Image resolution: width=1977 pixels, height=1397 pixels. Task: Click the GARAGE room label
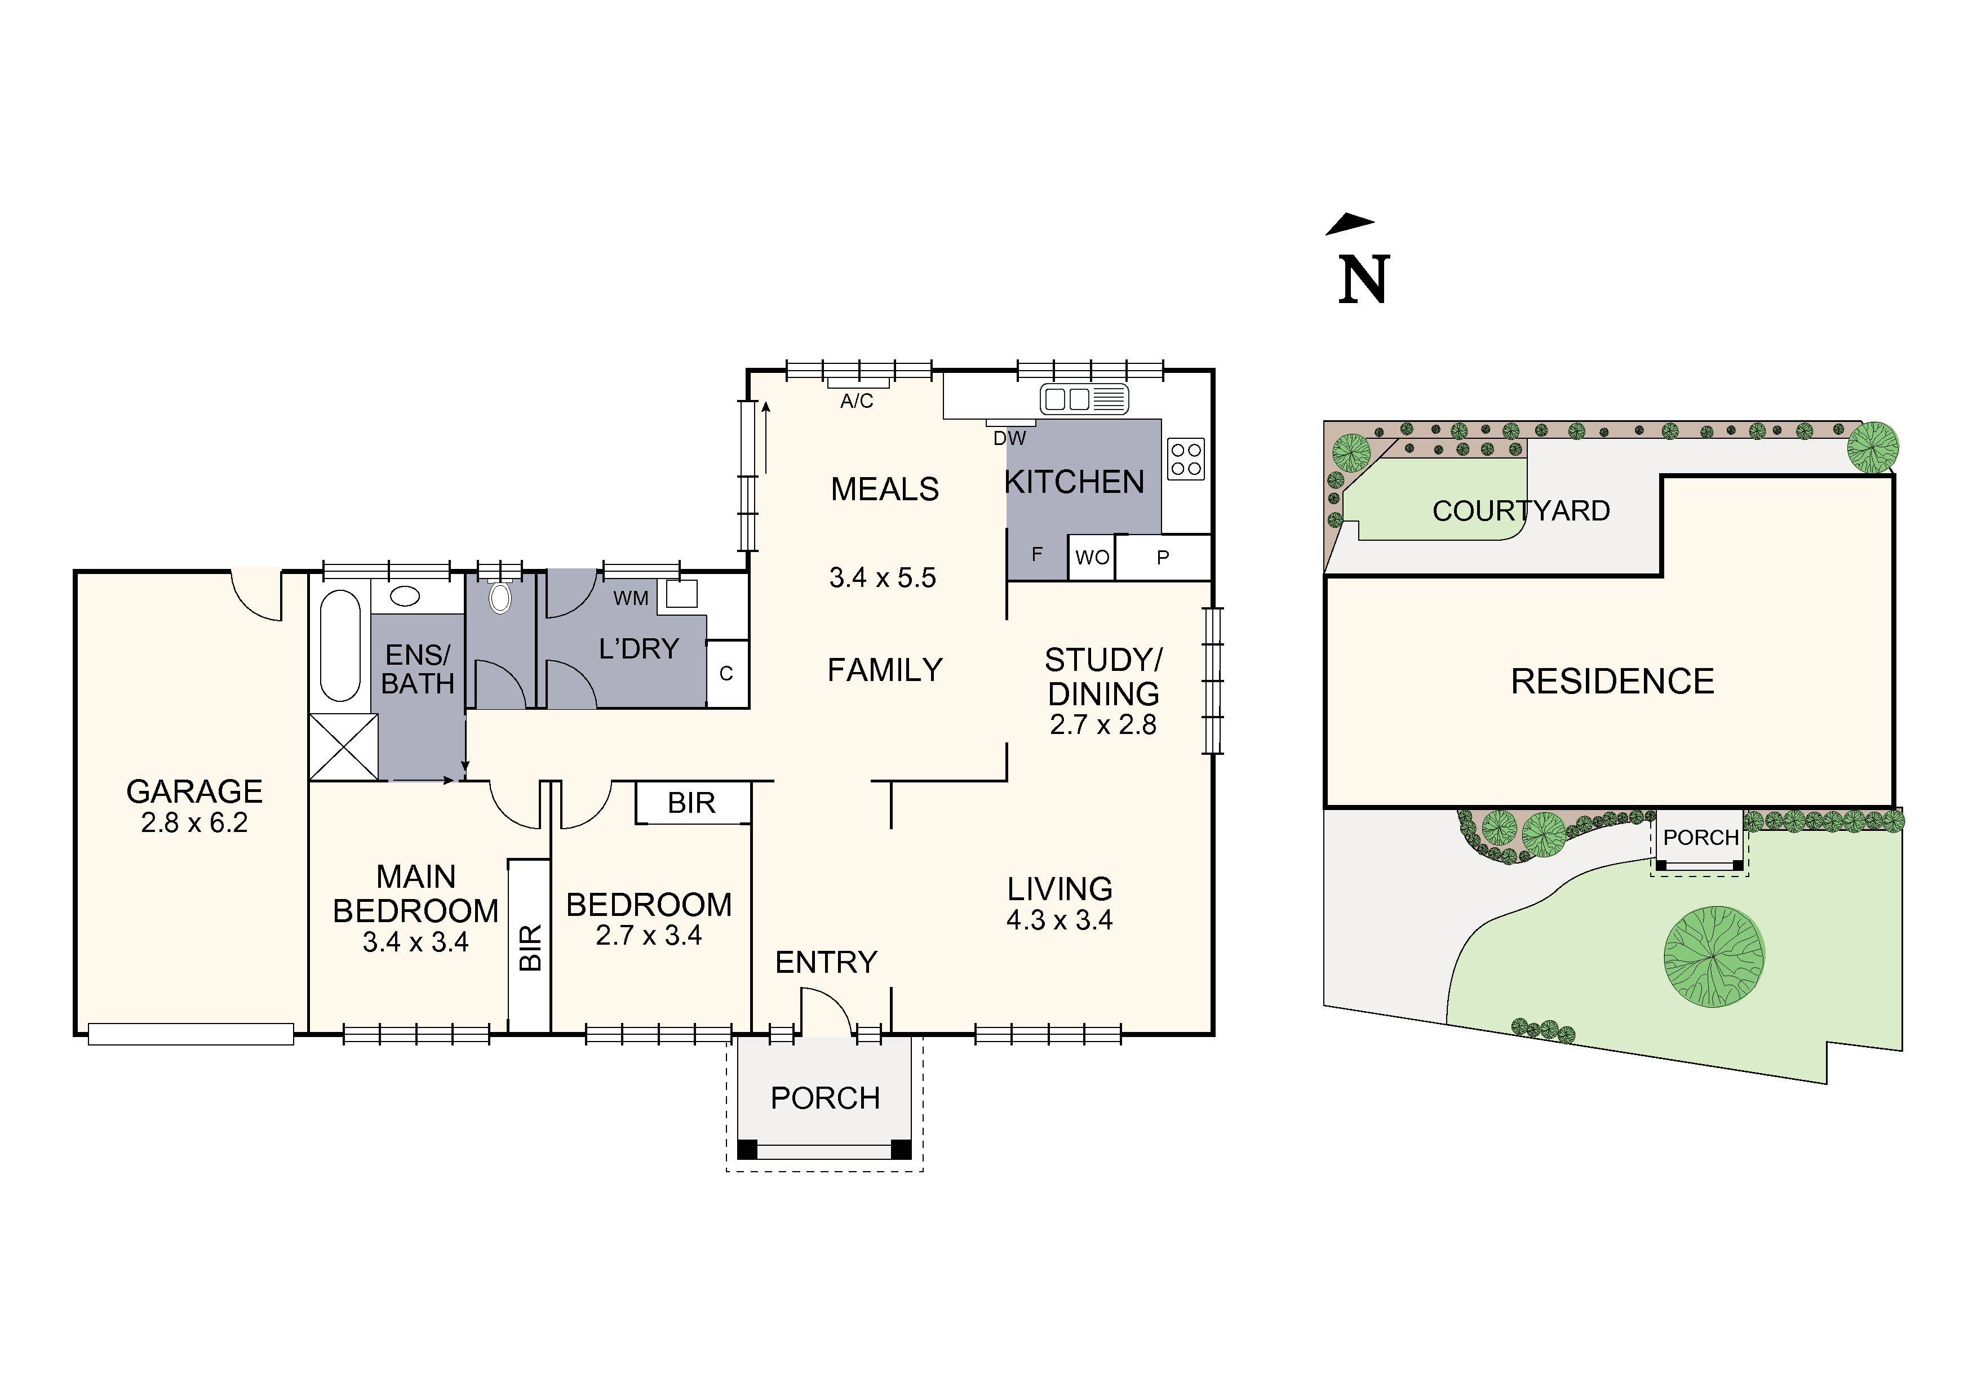point(194,791)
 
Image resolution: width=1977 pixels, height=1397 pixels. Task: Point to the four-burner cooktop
point(1186,459)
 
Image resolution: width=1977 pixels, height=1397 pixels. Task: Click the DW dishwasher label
point(1009,438)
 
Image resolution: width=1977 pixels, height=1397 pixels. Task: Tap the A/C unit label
point(856,401)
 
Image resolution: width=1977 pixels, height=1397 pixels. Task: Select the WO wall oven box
point(1092,558)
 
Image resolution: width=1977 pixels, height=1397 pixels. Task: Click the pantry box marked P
point(1163,558)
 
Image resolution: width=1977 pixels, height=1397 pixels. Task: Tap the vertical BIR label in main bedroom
point(530,947)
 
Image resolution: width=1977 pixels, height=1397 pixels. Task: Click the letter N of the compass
point(1363,280)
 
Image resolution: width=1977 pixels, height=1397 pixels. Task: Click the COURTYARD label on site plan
point(1521,511)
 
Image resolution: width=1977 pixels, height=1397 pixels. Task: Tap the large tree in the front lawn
point(1713,956)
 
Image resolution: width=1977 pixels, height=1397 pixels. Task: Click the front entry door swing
point(826,1011)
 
